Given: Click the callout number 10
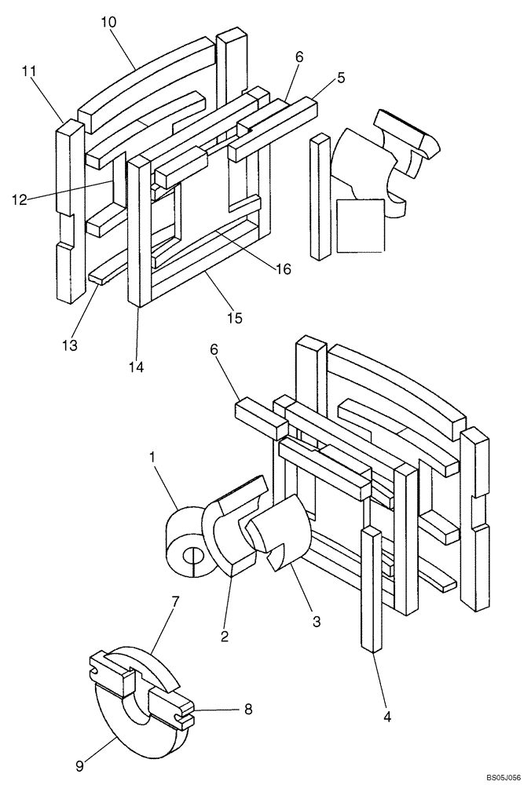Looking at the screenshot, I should [x=108, y=22].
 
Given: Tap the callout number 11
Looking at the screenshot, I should [x=30, y=71].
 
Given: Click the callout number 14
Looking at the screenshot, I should [x=137, y=365].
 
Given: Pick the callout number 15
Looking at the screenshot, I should [x=234, y=318].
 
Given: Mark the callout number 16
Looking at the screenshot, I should [x=282, y=269].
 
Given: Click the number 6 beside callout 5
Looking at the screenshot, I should [x=299, y=57].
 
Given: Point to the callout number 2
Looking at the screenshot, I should [x=224, y=637].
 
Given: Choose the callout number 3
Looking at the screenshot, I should [x=316, y=621].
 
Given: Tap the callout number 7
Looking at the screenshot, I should [x=175, y=601].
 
